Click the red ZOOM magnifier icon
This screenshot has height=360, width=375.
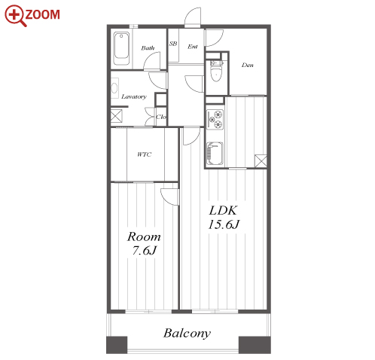(16, 16)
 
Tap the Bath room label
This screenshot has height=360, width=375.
(148, 47)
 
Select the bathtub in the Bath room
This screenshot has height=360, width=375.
(121, 48)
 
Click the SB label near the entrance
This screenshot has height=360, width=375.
(173, 44)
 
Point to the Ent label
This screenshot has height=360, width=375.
(193, 47)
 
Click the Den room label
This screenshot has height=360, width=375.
(247, 65)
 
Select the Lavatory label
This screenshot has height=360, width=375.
(134, 96)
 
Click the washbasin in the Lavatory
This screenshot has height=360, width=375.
(114, 88)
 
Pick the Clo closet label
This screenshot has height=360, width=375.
(161, 117)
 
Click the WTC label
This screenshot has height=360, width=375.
(145, 154)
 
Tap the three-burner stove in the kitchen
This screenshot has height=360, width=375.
(215, 120)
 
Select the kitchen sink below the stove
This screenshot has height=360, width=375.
(215, 154)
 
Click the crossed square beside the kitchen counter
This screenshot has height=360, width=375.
(261, 161)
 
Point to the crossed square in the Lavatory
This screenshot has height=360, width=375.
(117, 116)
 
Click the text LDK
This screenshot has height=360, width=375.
(223, 210)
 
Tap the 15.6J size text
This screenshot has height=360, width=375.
(224, 224)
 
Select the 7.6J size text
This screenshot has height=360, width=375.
(145, 250)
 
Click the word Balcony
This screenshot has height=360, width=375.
(187, 333)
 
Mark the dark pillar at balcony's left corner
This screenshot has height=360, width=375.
(117, 345)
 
